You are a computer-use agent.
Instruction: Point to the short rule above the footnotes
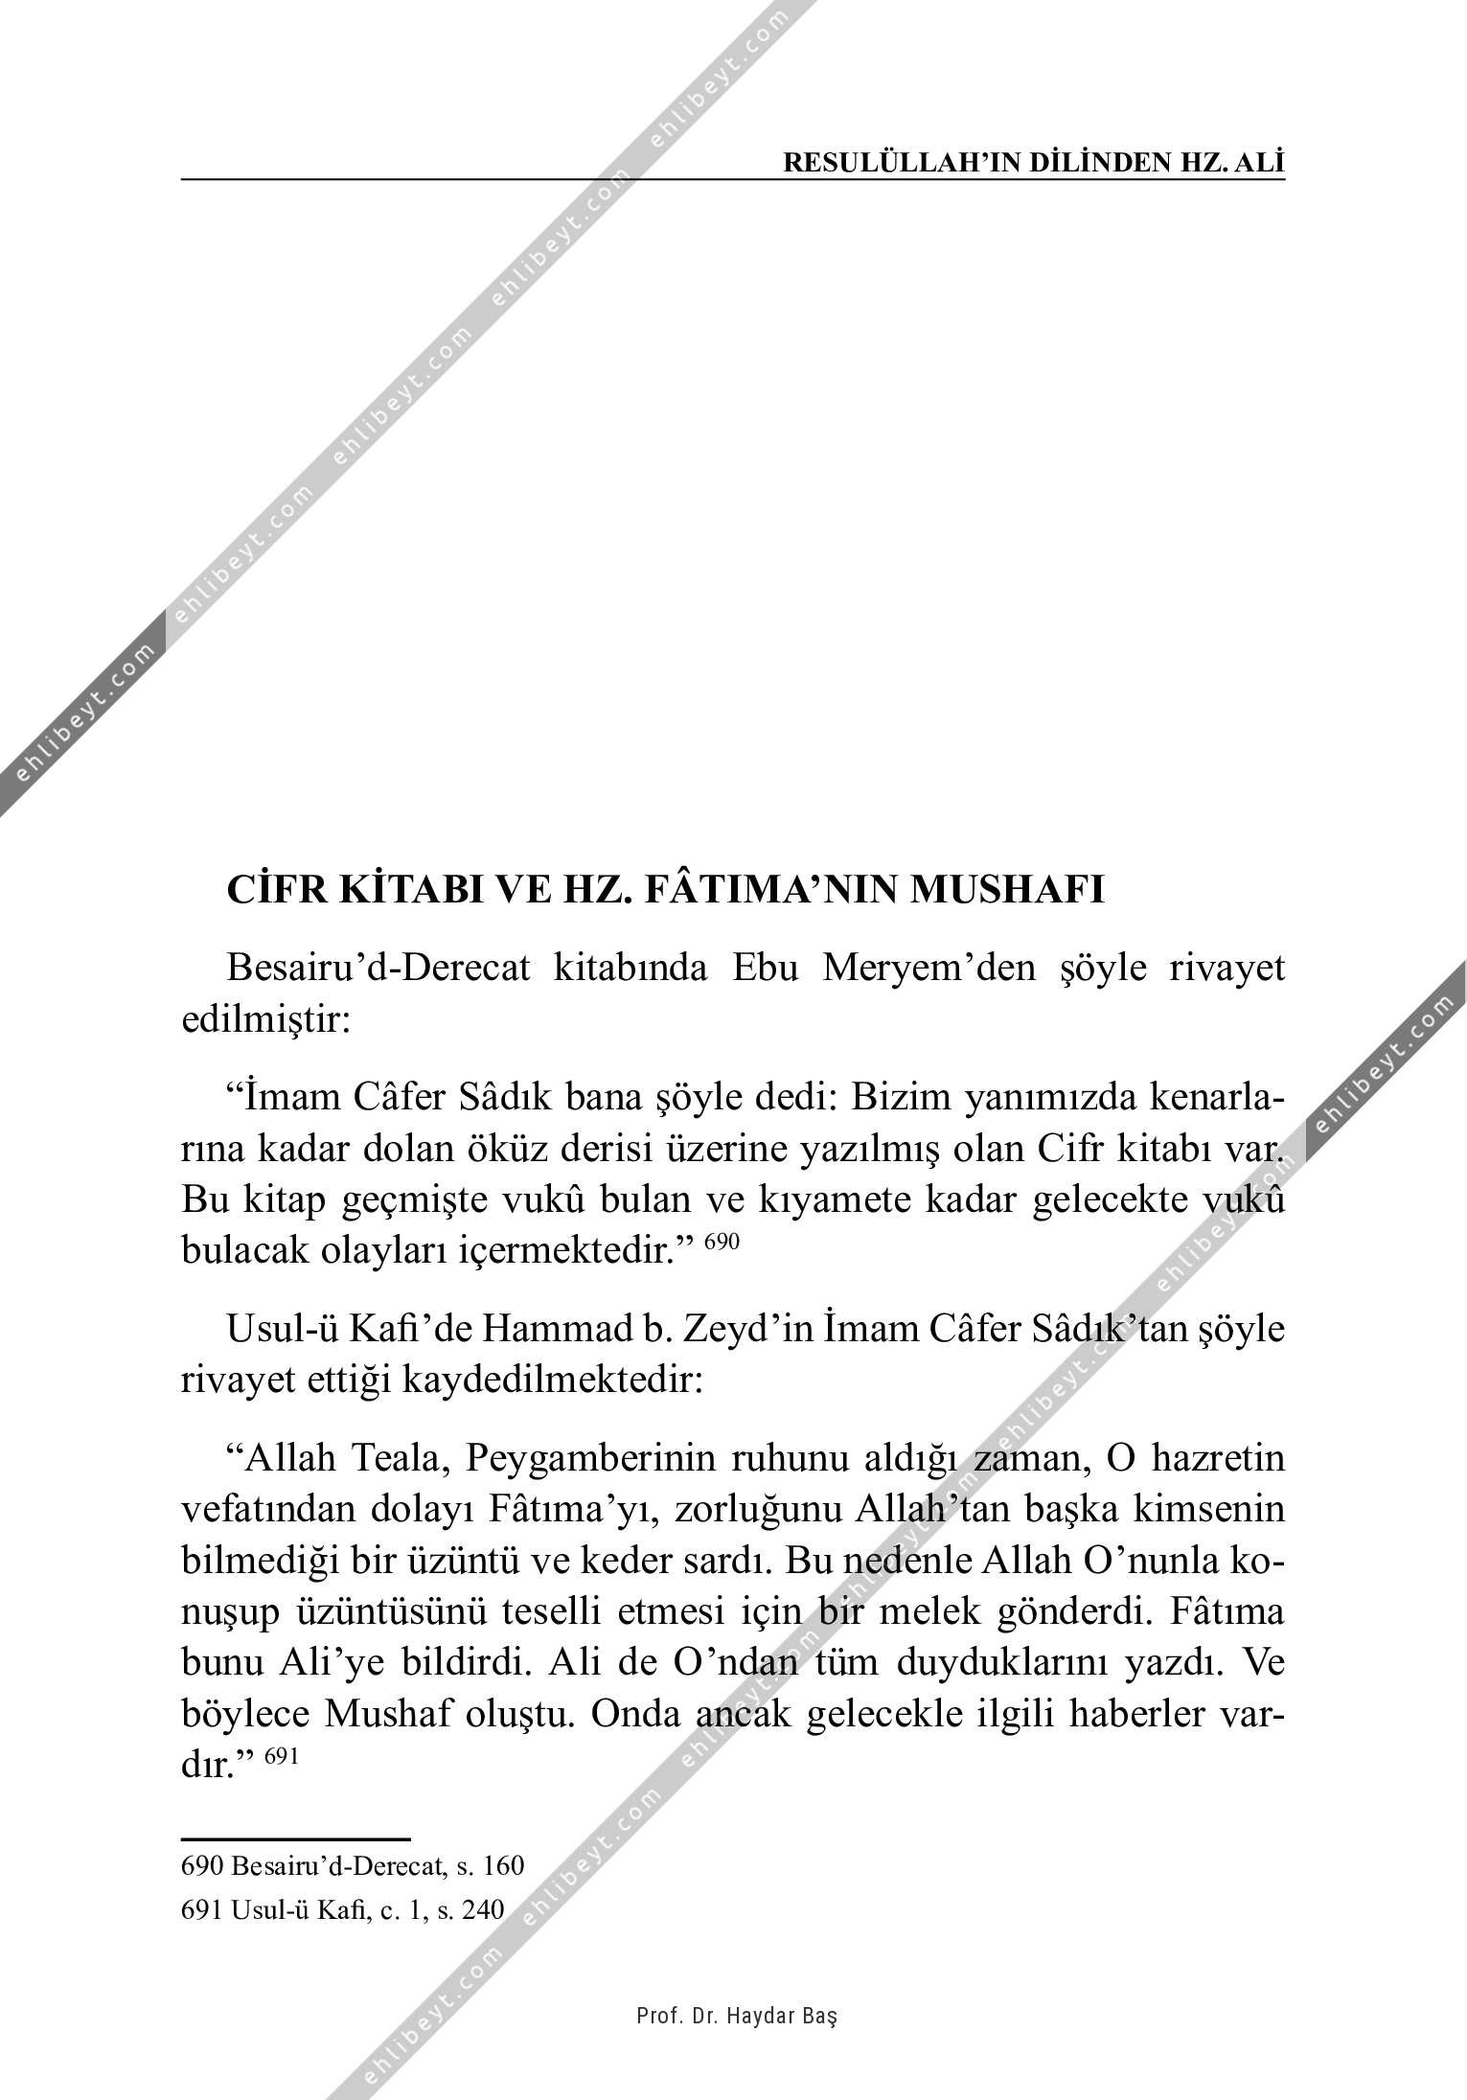pyautogui.click(x=295, y=1839)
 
